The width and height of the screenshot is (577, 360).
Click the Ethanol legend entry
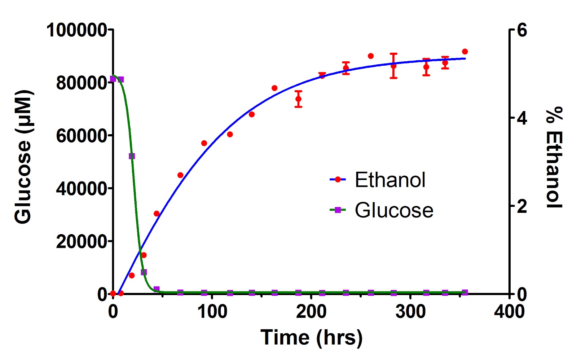[x=378, y=180]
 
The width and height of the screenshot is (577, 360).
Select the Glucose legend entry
[x=382, y=210]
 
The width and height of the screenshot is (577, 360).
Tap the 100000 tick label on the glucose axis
[x=76, y=30]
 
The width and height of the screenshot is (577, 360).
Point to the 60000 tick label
[x=81, y=136]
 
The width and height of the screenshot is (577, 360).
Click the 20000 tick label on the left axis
[x=81, y=241]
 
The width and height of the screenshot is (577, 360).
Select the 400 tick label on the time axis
[x=509, y=312]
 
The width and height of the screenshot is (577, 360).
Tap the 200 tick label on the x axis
[x=311, y=312]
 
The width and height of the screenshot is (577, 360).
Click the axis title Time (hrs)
[x=312, y=338]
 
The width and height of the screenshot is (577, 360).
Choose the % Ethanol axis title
[x=554, y=157]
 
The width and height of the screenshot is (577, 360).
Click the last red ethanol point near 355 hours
[x=465, y=52]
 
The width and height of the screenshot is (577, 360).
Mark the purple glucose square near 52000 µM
[x=132, y=156]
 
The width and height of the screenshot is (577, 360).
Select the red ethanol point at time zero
[x=113, y=293]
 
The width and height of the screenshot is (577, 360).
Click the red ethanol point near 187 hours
[x=298, y=99]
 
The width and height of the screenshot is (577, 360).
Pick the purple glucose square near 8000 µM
[x=144, y=272]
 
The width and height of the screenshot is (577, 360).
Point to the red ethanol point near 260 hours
[x=371, y=56]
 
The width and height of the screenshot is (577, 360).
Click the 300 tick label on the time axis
[x=410, y=312]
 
